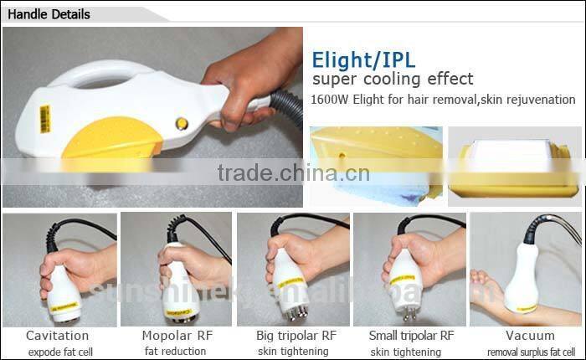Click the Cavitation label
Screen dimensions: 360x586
57,336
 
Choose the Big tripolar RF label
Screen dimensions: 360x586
296,336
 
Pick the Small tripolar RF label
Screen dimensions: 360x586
412,336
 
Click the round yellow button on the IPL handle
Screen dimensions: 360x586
182,124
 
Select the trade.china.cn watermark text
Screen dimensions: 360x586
287,173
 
